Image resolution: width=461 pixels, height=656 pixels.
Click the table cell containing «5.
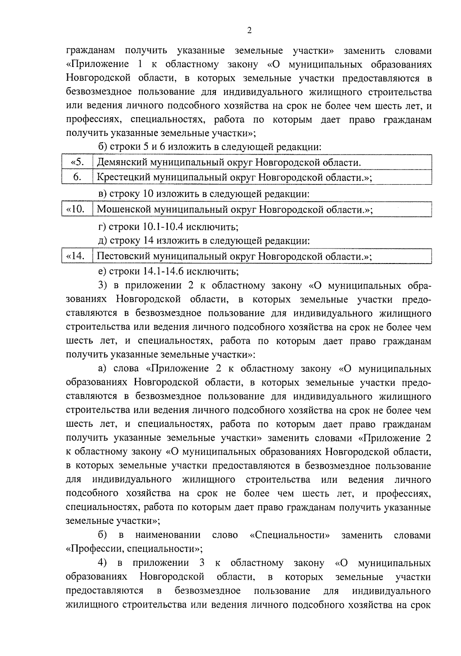[x=77, y=162]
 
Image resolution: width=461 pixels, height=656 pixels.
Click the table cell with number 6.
[x=77, y=177]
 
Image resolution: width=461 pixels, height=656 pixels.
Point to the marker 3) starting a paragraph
[x=103, y=286]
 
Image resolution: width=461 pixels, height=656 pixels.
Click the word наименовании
[x=168, y=535]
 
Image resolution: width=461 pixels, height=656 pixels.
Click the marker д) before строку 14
[x=103, y=241]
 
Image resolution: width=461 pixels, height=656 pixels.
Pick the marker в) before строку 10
[x=103, y=194]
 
